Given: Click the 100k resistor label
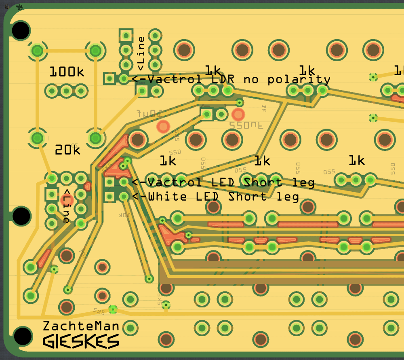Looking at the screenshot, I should (x=67, y=72).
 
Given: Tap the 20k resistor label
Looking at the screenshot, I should (x=67, y=150).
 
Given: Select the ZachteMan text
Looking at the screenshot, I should (x=81, y=326).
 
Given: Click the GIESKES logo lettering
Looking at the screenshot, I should (x=81, y=342).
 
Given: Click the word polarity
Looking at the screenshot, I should (x=299, y=80).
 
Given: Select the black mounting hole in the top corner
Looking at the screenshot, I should (x=21, y=30).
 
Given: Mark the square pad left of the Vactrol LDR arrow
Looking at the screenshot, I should (x=109, y=78).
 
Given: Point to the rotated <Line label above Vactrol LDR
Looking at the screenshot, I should (x=141, y=53).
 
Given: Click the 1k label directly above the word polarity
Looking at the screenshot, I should (x=307, y=70).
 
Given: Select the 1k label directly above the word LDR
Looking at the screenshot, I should (x=213, y=70).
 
